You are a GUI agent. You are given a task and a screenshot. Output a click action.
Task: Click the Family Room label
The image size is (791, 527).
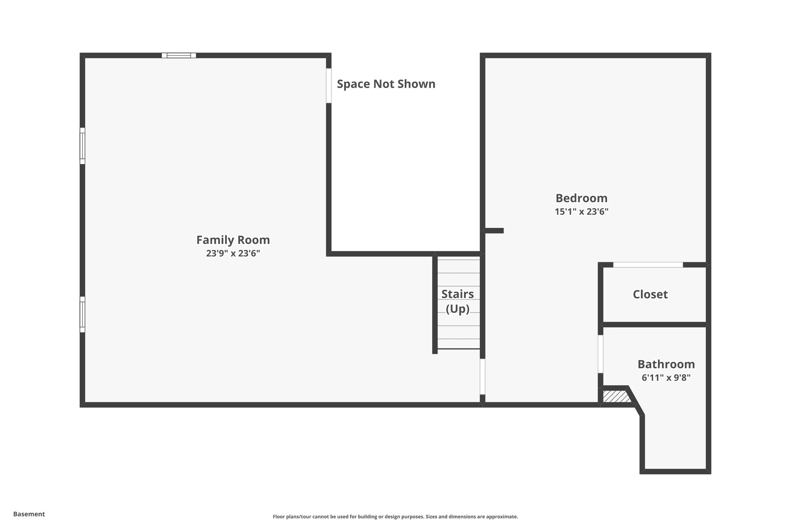pyautogui.click(x=233, y=240)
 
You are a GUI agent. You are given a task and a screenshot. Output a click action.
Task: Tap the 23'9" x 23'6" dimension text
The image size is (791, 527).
pyautogui.click(x=233, y=254)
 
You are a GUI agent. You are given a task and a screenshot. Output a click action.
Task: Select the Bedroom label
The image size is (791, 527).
pyautogui.click(x=581, y=198)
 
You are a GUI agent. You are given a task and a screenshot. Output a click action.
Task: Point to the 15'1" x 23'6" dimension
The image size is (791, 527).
pyautogui.click(x=581, y=212)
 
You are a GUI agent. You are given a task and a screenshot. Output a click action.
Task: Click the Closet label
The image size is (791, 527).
pyautogui.click(x=650, y=295)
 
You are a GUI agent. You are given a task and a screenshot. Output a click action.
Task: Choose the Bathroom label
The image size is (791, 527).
pyautogui.click(x=666, y=364)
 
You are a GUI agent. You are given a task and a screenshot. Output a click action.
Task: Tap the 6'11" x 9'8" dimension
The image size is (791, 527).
pyautogui.click(x=666, y=378)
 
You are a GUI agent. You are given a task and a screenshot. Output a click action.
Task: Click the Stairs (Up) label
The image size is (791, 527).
pyautogui.click(x=458, y=301)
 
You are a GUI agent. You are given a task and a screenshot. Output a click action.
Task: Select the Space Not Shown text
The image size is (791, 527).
pyautogui.click(x=386, y=84)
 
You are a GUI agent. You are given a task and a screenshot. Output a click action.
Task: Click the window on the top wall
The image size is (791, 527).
pyautogui.click(x=179, y=55)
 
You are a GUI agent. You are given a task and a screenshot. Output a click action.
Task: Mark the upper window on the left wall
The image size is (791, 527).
pyautogui.click(x=82, y=146)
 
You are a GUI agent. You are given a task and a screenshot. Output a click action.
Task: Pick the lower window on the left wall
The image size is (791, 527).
pyautogui.click(x=82, y=314)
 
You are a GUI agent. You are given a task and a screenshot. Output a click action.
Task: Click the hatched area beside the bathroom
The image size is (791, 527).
pyautogui.click(x=616, y=397)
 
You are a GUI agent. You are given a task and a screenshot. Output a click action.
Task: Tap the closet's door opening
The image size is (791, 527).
pyautogui.click(x=648, y=265)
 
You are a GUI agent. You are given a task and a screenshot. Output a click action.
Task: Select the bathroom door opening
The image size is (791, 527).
pyautogui.click(x=601, y=354)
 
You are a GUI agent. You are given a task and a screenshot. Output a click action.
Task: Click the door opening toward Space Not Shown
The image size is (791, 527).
pyautogui.click(x=329, y=86)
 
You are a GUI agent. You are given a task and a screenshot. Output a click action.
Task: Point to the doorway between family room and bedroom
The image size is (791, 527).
pyautogui.click(x=482, y=376)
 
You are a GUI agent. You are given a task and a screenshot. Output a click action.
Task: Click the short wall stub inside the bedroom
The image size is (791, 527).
pyautogui.click(x=494, y=231)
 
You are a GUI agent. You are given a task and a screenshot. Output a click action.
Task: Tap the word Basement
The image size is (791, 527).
pyautogui.click(x=29, y=514)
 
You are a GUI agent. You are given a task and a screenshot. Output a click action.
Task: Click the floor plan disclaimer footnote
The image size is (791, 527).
pyautogui.click(x=395, y=517)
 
